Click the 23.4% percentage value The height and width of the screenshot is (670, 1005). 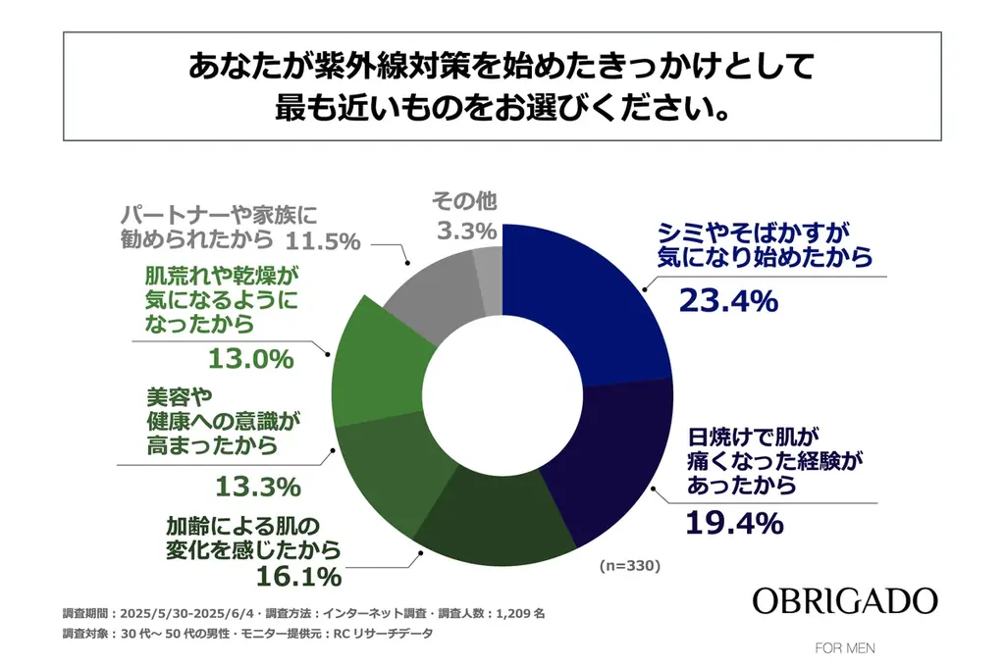(x=728, y=300)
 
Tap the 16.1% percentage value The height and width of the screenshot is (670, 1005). (x=298, y=574)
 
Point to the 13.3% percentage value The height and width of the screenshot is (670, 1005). (x=257, y=486)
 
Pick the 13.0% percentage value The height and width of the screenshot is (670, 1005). (x=251, y=358)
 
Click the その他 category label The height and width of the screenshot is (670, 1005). (x=464, y=202)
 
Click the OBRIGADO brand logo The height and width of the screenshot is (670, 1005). (x=844, y=600)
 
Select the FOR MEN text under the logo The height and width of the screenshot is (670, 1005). (x=845, y=648)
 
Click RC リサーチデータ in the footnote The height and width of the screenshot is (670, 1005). (x=383, y=634)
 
